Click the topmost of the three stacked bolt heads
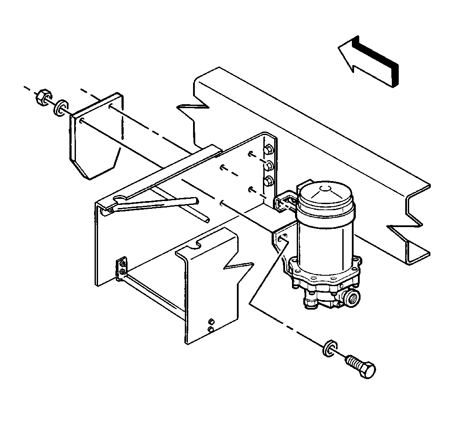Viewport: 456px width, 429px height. pyautogui.click(x=268, y=150)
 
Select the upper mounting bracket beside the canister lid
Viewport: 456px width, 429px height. pyautogui.click(x=285, y=201)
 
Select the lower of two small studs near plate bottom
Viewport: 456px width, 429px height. pyautogui.click(x=211, y=330)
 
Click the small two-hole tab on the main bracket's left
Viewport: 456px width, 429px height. pyautogui.click(x=122, y=267)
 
